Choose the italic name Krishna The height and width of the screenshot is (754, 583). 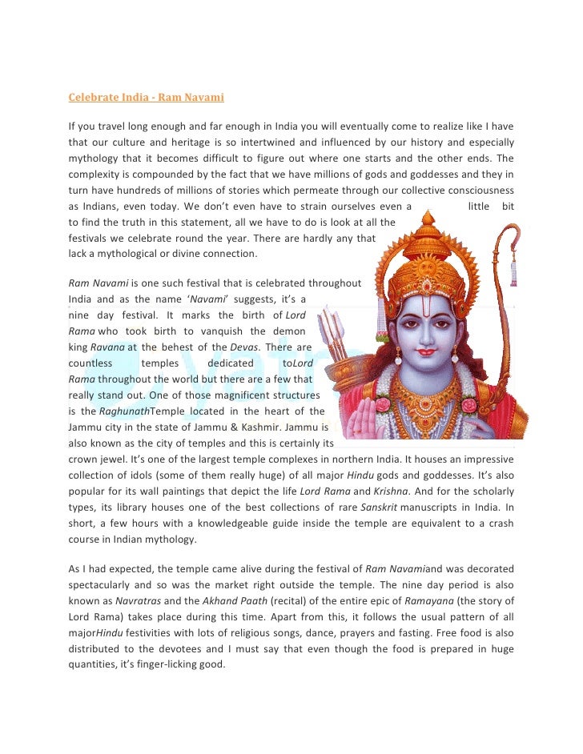[412, 490]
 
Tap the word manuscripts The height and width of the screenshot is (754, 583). [459, 507]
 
